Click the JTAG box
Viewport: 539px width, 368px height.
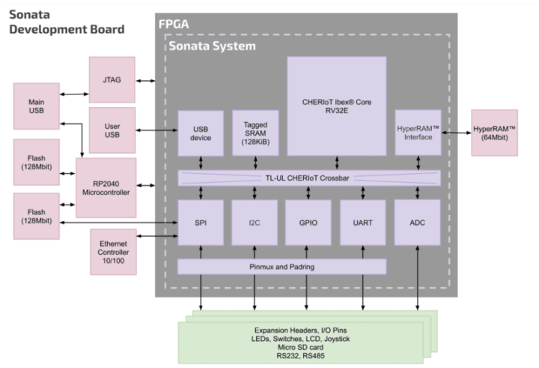[113, 78]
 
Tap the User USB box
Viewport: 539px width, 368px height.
[112, 131]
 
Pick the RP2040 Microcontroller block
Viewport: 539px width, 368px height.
[106, 187]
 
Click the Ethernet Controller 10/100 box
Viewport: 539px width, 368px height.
[113, 253]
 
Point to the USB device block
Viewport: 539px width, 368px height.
[200, 133]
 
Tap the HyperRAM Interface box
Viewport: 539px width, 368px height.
[418, 133]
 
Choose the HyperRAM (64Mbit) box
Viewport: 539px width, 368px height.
[494, 133]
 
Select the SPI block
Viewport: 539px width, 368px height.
[200, 223]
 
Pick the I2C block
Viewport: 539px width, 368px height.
[255, 223]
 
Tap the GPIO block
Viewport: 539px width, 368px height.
[308, 223]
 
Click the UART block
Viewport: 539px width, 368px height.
[363, 223]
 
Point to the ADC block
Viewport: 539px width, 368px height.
[418, 223]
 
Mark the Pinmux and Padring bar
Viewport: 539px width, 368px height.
[281, 267]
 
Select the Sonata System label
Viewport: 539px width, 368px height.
[212, 46]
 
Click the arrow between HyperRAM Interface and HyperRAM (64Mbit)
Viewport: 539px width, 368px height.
[456, 133]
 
